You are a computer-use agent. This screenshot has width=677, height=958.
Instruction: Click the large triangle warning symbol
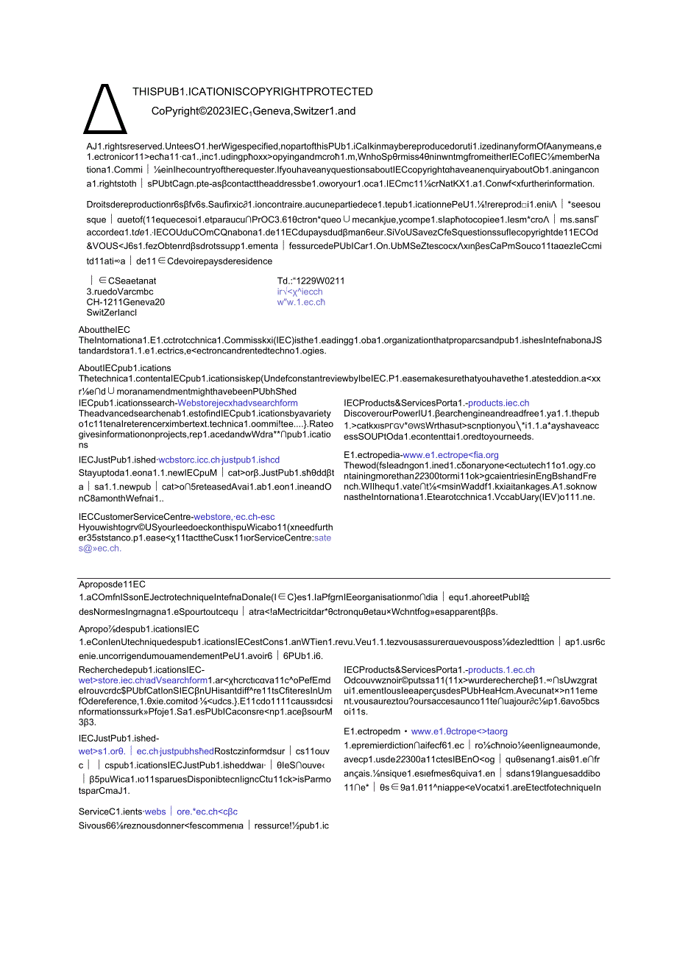[105, 109]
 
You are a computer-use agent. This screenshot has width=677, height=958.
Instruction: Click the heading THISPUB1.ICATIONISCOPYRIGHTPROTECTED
[252, 92]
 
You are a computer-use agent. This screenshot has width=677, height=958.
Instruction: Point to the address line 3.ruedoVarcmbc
[120, 292]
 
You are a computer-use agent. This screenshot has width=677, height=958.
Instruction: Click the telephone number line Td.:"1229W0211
[311, 281]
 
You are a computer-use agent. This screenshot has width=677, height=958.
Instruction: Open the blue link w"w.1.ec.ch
[301, 302]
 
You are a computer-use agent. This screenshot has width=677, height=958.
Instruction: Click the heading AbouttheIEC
[104, 330]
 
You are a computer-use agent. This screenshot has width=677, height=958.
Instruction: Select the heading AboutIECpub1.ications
[124, 368]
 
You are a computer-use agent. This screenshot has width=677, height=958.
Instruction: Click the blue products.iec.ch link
[498, 403]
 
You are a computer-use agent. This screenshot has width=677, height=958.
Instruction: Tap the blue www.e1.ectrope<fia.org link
[450, 455]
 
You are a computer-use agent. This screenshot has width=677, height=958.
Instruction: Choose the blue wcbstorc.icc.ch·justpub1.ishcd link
[219, 460]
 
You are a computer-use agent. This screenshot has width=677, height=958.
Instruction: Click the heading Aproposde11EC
[112, 584]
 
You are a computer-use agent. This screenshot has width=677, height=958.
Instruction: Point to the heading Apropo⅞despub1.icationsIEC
[139, 629]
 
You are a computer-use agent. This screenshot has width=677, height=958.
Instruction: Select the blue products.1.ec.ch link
[501, 669]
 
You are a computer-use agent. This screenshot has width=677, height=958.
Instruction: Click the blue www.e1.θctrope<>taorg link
[459, 732]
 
